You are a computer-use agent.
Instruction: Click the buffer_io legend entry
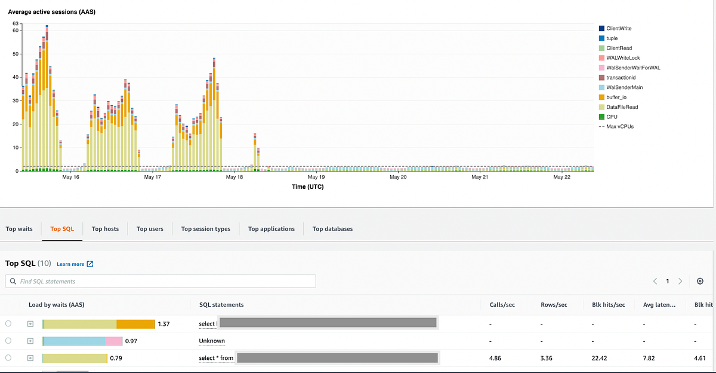pos(616,97)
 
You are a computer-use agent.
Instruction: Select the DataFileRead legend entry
pos(621,107)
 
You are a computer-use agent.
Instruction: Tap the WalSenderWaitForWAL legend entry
pos(632,68)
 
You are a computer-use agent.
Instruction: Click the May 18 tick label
pos(234,178)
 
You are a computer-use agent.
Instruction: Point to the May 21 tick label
pos(480,178)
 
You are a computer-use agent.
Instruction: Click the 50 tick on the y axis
pos(16,54)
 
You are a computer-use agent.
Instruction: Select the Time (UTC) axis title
pos(307,186)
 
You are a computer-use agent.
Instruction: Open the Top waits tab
pos(19,229)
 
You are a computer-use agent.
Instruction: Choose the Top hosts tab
pos(105,229)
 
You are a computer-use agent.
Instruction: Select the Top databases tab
pos(332,229)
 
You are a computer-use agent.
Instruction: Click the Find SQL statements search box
pos(161,281)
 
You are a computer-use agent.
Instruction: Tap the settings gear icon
pos(700,281)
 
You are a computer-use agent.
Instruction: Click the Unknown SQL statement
pos(212,341)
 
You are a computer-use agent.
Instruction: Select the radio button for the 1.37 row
pos(8,323)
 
